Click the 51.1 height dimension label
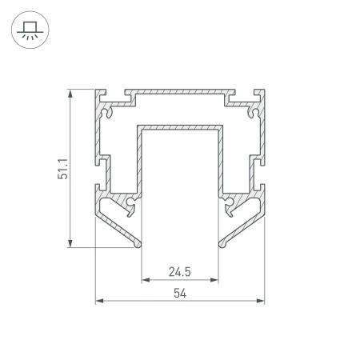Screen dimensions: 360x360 click(x=63, y=169)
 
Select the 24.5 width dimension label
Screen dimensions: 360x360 click(x=180, y=272)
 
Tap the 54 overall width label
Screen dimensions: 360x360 click(x=180, y=294)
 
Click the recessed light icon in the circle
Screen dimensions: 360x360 click(x=30, y=30)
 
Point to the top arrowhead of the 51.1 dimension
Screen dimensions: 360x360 click(x=70, y=94)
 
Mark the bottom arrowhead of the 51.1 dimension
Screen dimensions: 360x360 click(x=70, y=243)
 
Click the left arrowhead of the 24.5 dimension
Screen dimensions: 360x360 click(x=146, y=280)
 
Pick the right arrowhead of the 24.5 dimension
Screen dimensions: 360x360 click(x=214, y=280)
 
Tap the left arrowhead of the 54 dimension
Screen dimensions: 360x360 click(x=100, y=301)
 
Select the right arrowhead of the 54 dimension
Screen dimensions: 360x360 click(x=260, y=301)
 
